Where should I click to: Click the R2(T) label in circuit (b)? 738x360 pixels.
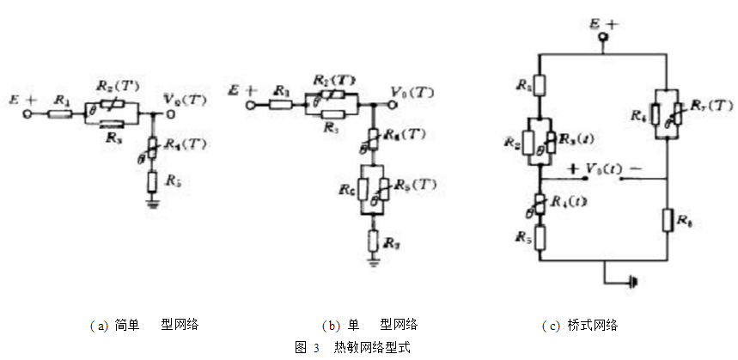pos(333,81)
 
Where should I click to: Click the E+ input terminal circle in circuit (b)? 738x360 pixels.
pos(252,106)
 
